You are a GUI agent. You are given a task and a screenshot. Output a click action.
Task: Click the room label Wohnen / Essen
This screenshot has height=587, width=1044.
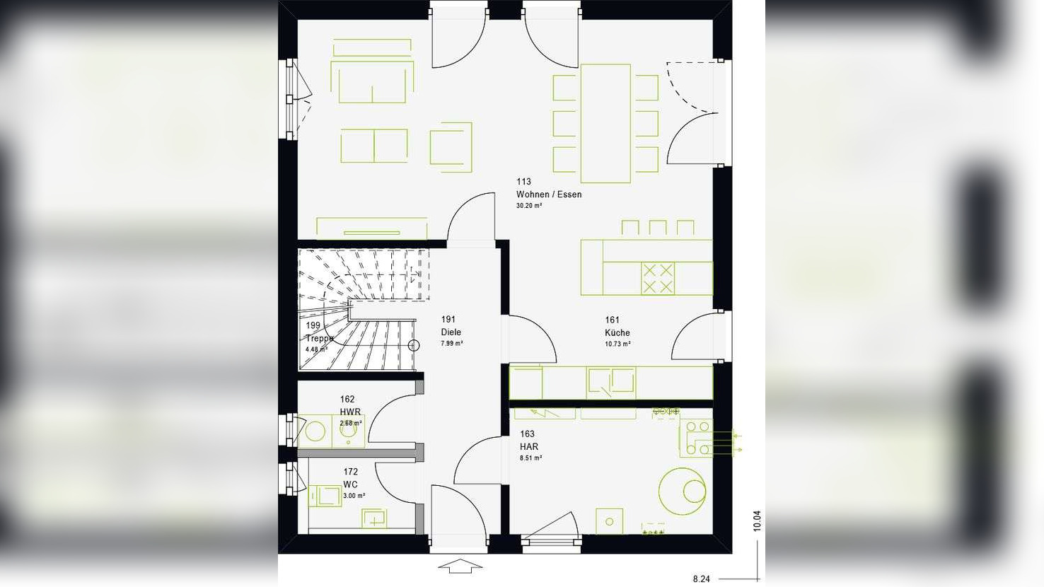548,194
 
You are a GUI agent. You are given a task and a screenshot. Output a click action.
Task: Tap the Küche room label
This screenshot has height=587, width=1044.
617,332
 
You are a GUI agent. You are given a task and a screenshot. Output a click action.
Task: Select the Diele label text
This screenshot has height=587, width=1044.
451,332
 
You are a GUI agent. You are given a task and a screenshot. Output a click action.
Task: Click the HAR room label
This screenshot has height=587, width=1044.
528,446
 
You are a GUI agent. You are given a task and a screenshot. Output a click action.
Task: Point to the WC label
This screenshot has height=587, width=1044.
350,484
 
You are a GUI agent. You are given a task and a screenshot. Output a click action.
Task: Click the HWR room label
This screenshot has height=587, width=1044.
350,412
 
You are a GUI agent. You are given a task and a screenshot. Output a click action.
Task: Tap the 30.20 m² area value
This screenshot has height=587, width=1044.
529,206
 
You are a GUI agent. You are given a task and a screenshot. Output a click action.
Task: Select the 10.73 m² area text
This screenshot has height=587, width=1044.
617,344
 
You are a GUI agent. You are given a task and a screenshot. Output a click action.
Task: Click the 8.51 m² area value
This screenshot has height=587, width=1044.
530,458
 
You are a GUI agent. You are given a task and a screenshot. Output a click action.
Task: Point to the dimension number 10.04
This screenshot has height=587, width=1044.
757,521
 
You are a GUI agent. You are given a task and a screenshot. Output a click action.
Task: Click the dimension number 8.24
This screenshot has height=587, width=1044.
701,579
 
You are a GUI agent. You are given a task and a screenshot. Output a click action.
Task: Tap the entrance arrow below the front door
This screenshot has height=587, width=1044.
460,566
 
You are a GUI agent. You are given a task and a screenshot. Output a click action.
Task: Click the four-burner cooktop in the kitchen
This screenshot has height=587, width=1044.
657,278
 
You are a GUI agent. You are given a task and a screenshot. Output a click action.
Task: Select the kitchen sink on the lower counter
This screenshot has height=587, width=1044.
611,382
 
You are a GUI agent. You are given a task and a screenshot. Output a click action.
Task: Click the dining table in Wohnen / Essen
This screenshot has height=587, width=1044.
605,123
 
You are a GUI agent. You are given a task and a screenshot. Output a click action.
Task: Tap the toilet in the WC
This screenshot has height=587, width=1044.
323,495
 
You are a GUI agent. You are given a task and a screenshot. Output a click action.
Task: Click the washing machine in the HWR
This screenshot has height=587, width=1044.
315,431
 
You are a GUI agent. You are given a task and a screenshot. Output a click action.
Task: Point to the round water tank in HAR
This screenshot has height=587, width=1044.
683,491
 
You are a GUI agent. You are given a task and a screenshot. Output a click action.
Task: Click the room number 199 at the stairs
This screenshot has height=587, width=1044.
313,325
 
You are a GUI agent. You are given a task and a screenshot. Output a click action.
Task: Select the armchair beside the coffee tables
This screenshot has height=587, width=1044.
451,147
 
